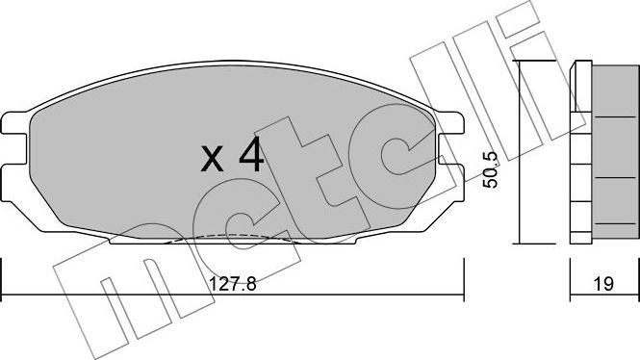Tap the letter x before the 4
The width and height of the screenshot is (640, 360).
pyautogui.click(x=213, y=157)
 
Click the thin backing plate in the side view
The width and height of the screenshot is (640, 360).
pyautogui.click(x=577, y=154)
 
